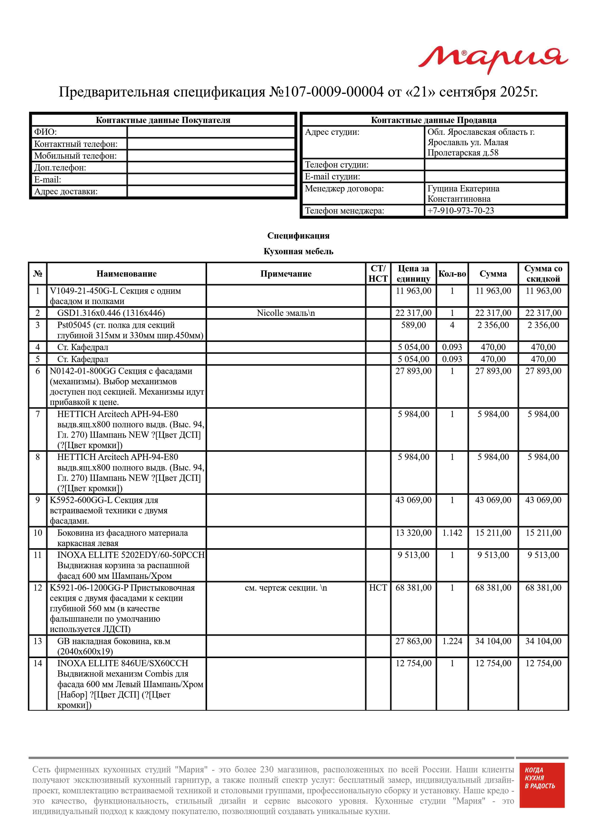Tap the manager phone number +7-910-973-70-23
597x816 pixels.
461,211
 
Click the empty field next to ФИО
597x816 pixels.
211,132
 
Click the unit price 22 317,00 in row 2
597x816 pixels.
413,313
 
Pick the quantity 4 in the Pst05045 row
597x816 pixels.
452,325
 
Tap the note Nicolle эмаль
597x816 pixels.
286,313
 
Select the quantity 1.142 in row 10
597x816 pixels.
452,533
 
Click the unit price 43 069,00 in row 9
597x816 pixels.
413,500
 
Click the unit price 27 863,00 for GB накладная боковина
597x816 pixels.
413,641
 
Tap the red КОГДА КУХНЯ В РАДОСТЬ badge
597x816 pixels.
541,790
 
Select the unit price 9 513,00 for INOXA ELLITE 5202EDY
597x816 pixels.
413,555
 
